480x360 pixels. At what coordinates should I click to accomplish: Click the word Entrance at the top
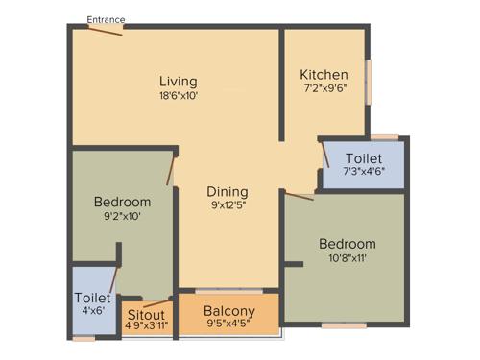click(x=106, y=19)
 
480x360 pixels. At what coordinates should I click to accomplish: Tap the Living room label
click(x=179, y=81)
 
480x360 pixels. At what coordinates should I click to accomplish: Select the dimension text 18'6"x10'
click(x=179, y=95)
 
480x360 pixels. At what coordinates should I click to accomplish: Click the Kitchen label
click(x=324, y=75)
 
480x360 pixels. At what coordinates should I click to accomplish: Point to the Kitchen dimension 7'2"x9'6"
click(x=324, y=89)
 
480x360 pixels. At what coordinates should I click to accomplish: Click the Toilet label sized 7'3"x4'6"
click(x=364, y=157)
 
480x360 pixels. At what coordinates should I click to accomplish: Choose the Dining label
click(x=227, y=191)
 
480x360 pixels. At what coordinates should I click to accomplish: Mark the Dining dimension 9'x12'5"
click(x=227, y=204)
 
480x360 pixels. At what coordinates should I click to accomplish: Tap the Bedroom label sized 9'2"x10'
click(x=122, y=202)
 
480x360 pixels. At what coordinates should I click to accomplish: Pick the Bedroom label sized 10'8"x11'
click(x=348, y=243)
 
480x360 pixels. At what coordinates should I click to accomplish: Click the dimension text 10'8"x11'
click(x=348, y=257)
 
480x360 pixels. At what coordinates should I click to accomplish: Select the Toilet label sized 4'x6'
click(x=92, y=299)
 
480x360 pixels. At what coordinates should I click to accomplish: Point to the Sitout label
click(x=147, y=313)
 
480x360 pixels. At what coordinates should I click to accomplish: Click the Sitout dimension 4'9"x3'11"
click(x=147, y=325)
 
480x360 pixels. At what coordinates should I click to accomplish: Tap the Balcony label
click(x=229, y=311)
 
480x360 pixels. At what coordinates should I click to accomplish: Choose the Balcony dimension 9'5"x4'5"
click(x=229, y=324)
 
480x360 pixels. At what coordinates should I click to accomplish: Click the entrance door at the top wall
click(x=106, y=30)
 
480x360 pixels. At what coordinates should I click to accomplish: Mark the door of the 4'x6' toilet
click(x=112, y=281)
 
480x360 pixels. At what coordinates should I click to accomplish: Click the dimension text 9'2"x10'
click(x=122, y=216)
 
